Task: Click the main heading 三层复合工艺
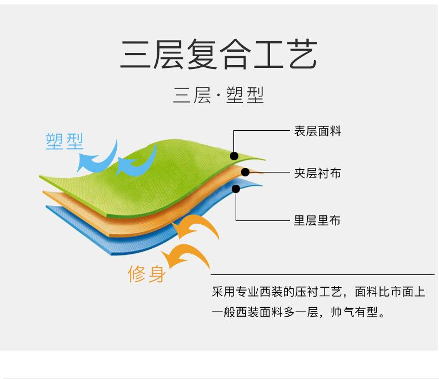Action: coord(218,54)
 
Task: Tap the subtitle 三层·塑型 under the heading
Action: coord(218,95)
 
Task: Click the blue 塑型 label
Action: coord(64,141)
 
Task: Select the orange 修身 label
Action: coord(147,274)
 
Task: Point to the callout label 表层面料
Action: coord(317,131)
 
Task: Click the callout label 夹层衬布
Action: coord(317,173)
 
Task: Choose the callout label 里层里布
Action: coord(317,220)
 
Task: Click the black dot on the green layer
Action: coord(234,156)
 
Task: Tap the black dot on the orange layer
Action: coord(245,172)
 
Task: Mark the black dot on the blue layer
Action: coord(236,189)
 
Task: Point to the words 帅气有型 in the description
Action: coord(354,312)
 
